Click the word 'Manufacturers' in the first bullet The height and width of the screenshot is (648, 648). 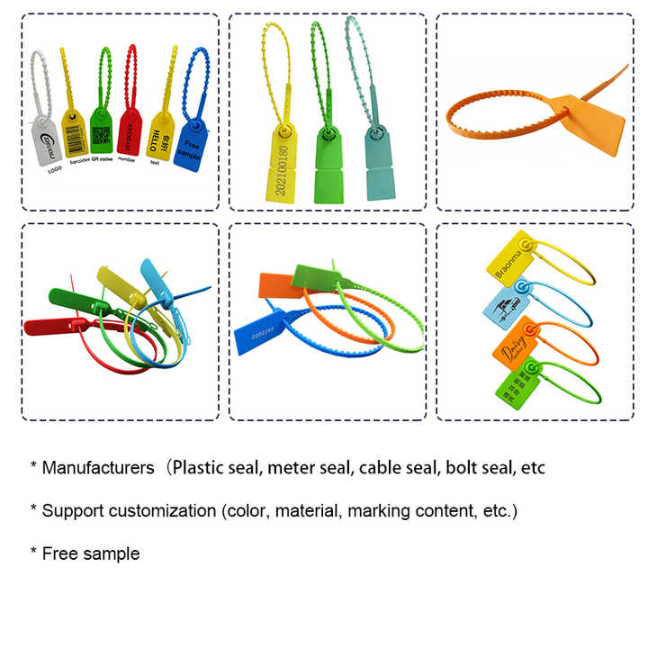point(98,468)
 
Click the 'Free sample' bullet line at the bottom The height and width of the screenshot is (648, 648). point(91,553)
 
